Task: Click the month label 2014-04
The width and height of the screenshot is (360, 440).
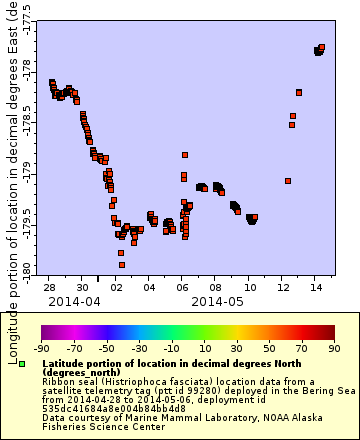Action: [74, 300]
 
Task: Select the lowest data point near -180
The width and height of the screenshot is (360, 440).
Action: [122, 265]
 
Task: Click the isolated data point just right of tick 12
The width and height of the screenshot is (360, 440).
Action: [288, 181]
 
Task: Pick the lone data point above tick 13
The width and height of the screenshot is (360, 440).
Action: [299, 92]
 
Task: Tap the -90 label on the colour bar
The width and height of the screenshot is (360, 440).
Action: [42, 348]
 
